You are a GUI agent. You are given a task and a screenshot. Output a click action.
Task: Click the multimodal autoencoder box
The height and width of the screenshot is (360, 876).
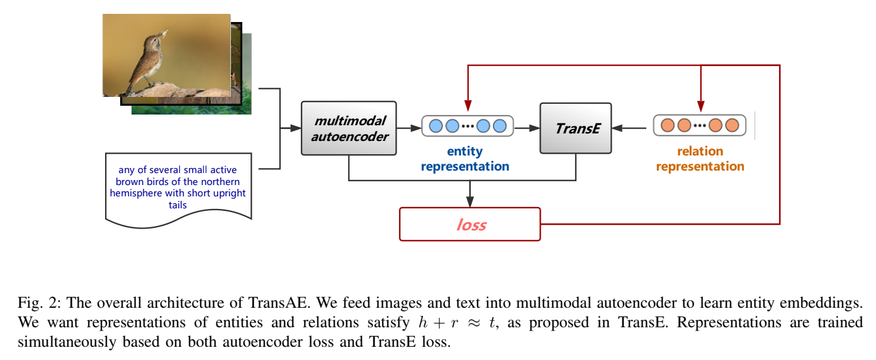[349, 128]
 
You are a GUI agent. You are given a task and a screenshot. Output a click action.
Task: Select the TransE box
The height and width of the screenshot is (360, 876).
[575, 128]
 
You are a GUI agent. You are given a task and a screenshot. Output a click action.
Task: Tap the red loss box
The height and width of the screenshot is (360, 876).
[470, 224]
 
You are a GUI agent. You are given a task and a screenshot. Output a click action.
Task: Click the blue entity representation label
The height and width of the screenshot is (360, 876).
[464, 159]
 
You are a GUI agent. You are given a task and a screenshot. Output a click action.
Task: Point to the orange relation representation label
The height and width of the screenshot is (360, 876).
[700, 159]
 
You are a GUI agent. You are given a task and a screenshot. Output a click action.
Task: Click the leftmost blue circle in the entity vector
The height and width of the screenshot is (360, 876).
[435, 126]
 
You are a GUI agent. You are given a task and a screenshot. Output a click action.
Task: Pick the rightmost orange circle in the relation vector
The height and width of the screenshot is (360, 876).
[732, 125]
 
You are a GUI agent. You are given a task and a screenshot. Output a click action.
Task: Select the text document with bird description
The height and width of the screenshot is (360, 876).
[178, 186]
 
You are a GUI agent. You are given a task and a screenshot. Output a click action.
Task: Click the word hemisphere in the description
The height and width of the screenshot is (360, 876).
[132, 193]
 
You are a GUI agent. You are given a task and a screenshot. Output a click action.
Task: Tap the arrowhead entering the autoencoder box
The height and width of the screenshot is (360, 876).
[296, 128]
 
